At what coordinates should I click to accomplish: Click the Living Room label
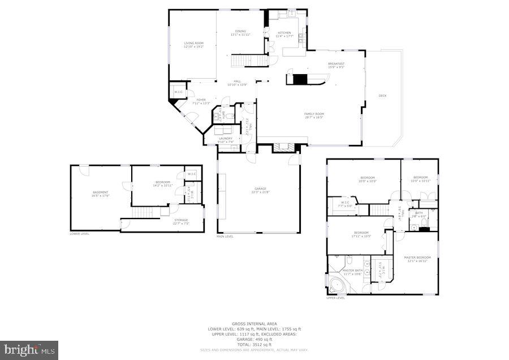click(x=193, y=45)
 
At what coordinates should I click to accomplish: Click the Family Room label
click(x=314, y=115)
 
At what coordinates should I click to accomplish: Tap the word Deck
click(x=382, y=96)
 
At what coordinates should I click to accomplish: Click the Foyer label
click(x=201, y=101)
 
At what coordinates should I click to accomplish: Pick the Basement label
click(x=101, y=194)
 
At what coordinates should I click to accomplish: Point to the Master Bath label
click(x=353, y=272)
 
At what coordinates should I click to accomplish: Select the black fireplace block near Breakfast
click(x=299, y=79)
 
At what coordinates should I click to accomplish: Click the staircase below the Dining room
click(x=249, y=61)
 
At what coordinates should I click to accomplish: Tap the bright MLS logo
click(x=29, y=349)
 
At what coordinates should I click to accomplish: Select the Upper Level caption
click(x=335, y=298)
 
